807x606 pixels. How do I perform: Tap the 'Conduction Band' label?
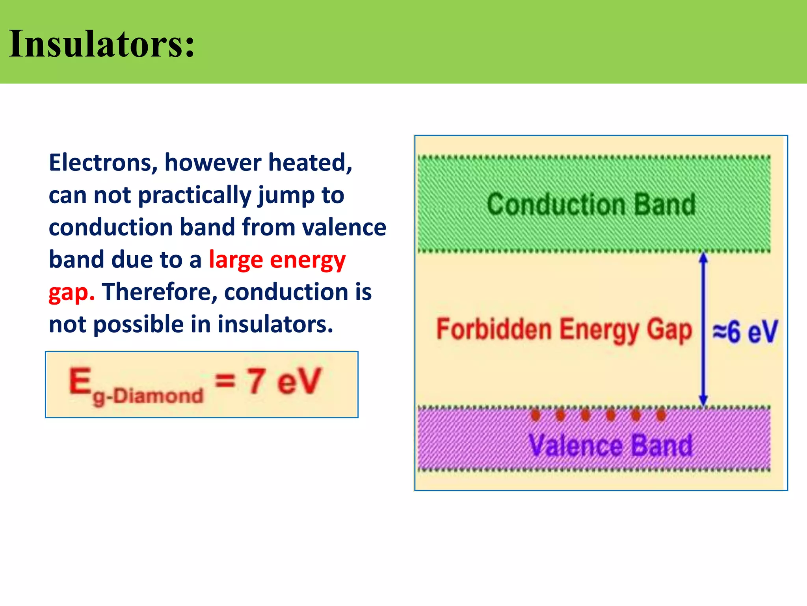pos(591,204)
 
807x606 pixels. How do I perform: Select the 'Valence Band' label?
pos(610,445)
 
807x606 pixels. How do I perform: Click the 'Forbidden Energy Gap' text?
pos(563,331)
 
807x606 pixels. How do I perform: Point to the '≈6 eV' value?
pos(745,331)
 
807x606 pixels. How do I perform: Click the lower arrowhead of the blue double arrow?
pos(703,400)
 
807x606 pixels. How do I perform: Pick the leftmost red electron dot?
pos(535,415)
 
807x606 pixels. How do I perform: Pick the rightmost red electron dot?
pos(661,415)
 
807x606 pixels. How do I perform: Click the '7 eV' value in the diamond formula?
pos(284,381)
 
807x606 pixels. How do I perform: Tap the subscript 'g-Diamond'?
pos(148,396)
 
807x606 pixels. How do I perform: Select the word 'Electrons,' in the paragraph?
pos(103,163)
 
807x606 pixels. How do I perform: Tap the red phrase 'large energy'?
pos(277,260)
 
